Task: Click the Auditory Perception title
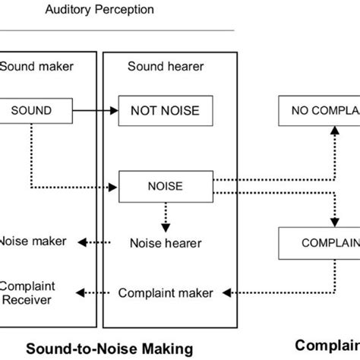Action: click(109, 10)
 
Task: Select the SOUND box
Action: click(31, 111)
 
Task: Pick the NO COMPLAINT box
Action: click(319, 111)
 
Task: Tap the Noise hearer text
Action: click(165, 243)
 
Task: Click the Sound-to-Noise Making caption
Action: click(106, 348)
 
